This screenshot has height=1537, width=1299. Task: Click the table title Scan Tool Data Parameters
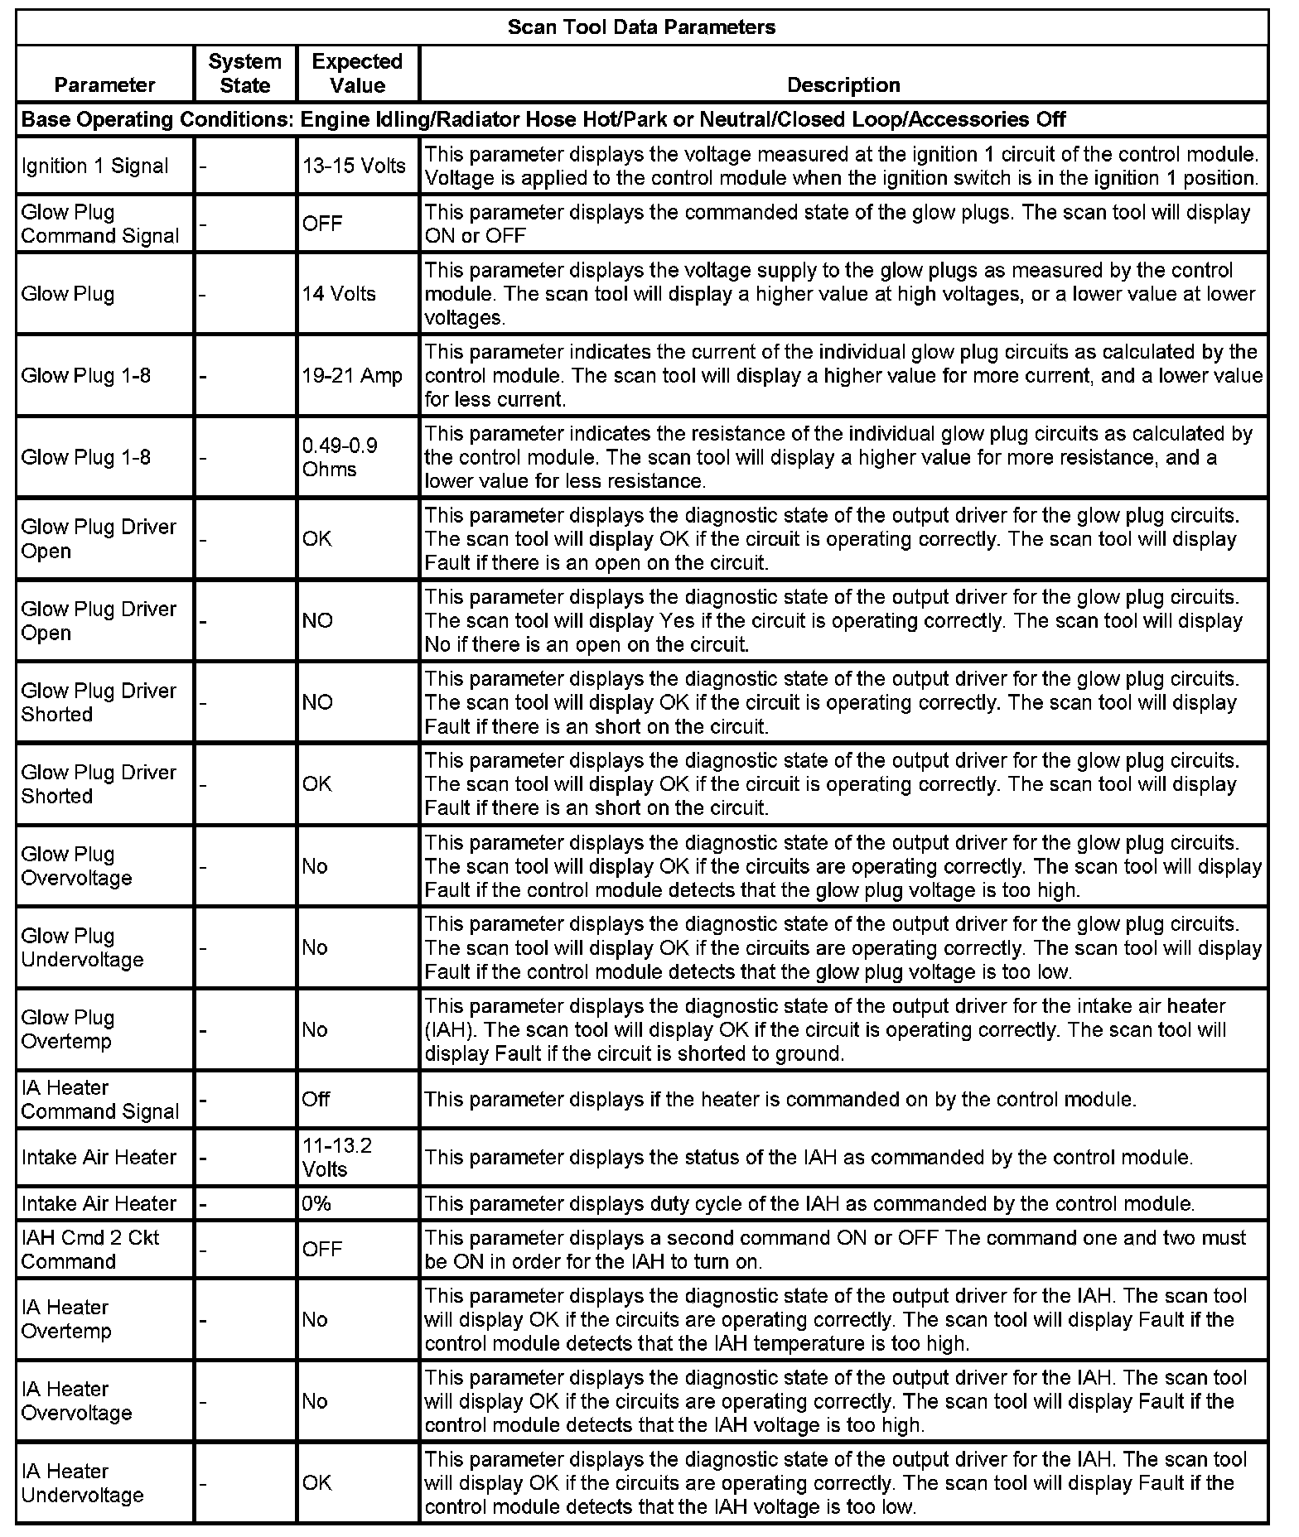pos(641,27)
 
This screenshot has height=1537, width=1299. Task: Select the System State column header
pos(244,73)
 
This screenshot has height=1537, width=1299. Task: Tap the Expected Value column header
pos(357,73)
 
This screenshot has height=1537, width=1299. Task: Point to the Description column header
pos(843,84)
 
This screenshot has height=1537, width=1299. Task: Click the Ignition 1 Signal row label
pos(95,166)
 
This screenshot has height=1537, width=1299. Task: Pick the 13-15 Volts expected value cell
pos(354,166)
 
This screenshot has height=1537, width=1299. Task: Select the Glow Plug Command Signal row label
pos(100,224)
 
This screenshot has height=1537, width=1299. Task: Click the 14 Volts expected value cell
pos(339,293)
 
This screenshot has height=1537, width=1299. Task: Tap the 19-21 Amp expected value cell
pos(352,375)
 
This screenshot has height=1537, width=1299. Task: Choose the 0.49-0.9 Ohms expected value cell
pos(340,457)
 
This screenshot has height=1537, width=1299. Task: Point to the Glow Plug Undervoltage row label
pos(82,947)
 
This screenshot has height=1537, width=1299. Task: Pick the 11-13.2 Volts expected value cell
pos(337,1157)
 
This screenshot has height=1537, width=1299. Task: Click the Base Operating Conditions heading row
pos(543,119)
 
